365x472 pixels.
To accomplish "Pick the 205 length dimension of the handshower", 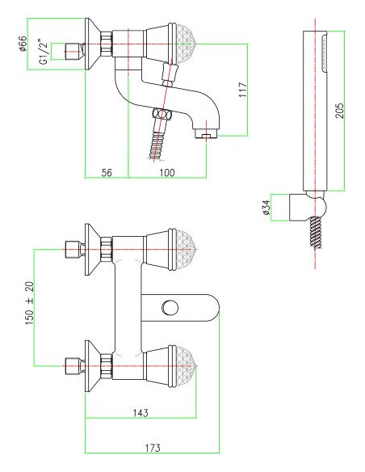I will [340, 109].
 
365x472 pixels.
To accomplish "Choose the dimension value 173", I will [152, 445].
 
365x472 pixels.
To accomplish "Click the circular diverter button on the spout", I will [170, 307].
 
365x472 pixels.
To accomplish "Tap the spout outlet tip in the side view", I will [207, 134].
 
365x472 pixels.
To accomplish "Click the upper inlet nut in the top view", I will [72, 251].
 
